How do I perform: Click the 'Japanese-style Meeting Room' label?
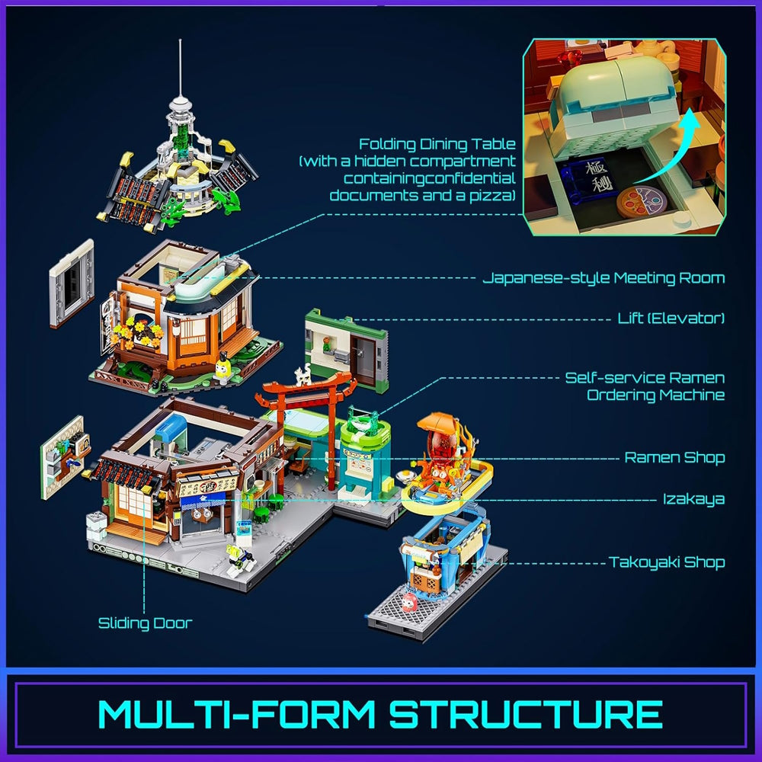pos(604,278)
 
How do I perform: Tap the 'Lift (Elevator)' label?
pos(671,319)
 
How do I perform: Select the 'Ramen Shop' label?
pos(674,457)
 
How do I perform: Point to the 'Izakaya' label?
pos(693,499)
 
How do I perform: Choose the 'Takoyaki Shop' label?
pos(667,562)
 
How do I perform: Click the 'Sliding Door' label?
pos(146,623)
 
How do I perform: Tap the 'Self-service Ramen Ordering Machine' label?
pos(645,386)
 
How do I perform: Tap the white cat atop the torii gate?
pos(303,375)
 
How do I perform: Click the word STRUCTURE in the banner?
pos(526,714)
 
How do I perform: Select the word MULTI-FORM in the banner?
pos(237,714)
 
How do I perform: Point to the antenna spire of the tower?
pos(181,68)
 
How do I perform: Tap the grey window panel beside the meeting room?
pos(72,283)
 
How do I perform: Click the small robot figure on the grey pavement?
pos(239,558)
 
